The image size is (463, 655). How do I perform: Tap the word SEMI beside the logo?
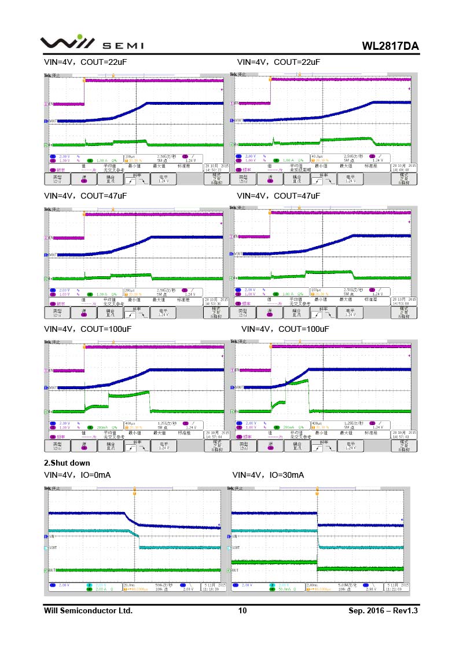coord(123,46)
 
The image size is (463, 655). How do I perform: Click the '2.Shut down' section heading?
coord(67,463)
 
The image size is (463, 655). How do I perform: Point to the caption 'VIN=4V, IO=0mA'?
coord(78,475)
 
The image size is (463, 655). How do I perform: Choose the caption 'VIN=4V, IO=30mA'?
coord(268,475)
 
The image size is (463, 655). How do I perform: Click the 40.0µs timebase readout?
coord(317,156)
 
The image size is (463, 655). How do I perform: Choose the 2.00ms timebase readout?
coord(313,585)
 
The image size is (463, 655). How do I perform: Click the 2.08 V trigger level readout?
coord(188,589)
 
